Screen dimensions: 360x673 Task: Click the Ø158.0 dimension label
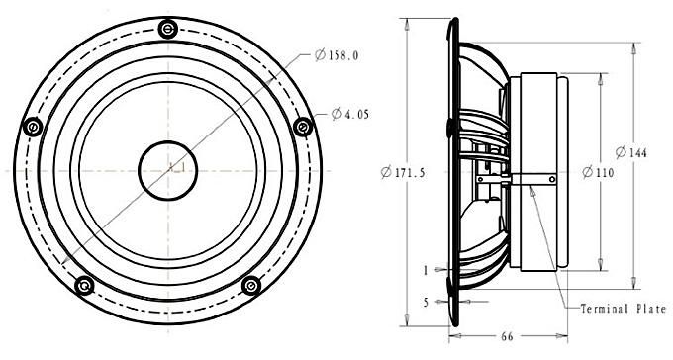(x=336, y=55)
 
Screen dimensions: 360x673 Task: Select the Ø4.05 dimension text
(x=343, y=114)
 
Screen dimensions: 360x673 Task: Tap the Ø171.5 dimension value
(x=403, y=172)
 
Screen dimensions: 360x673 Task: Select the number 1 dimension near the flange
(x=426, y=268)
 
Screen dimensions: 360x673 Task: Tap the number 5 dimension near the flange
(x=426, y=303)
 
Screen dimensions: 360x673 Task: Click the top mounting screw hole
(x=170, y=31)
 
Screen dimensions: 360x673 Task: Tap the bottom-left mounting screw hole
(x=85, y=285)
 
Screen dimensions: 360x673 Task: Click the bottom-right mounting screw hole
(x=250, y=285)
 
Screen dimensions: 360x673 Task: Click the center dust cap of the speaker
(x=168, y=167)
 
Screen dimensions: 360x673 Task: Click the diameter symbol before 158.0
(x=320, y=55)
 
